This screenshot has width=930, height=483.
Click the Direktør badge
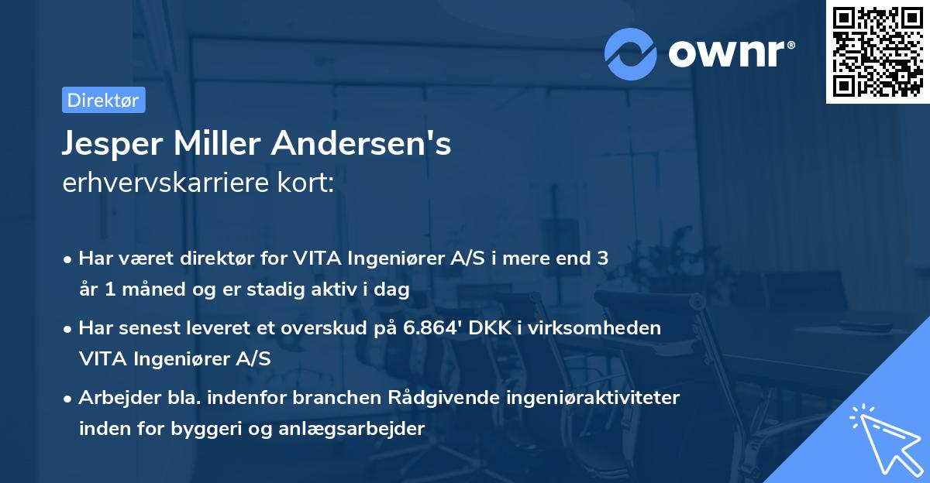pyautogui.click(x=103, y=100)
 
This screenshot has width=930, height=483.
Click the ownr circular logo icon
pyautogui.click(x=631, y=53)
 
